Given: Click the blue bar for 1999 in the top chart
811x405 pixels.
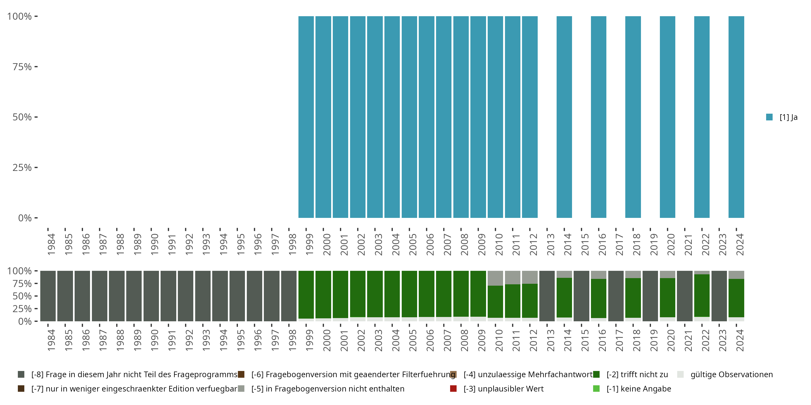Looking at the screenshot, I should click(x=306, y=117).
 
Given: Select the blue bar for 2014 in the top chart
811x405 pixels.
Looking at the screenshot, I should click(x=564, y=117).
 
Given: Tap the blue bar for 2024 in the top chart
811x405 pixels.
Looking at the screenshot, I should click(x=736, y=117).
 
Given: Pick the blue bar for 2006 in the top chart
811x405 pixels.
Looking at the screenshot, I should click(x=427, y=117).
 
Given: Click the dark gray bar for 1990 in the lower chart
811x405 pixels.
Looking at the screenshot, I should click(x=151, y=296).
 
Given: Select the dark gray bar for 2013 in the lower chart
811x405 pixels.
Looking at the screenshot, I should click(x=547, y=296).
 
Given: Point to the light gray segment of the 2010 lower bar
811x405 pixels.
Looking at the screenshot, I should click(x=495, y=278).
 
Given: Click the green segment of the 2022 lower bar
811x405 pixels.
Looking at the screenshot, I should click(x=702, y=296).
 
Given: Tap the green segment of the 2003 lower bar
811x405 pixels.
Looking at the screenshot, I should click(x=375, y=294).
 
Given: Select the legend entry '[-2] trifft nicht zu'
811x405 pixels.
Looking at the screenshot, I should click(x=637, y=374).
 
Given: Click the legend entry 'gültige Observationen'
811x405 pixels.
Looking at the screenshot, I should click(x=731, y=374).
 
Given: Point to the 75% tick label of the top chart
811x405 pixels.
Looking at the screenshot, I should click(x=22, y=67).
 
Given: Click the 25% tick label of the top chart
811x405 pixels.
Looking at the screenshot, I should click(x=22, y=167).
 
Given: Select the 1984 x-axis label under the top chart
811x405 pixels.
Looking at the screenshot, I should click(x=51, y=244).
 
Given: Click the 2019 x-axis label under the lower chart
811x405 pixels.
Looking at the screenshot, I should click(x=654, y=340).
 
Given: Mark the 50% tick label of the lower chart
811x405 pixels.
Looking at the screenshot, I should click(x=22, y=296).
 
